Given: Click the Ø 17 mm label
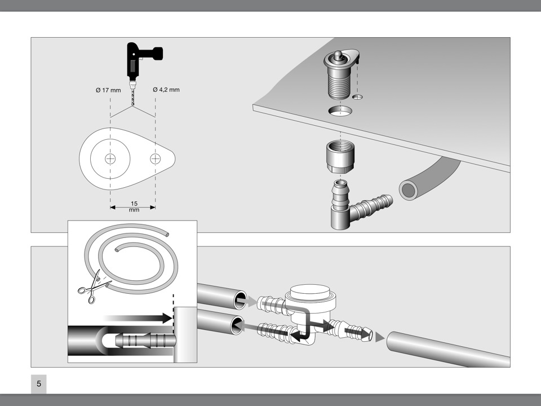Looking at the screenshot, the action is pyautogui.click(x=108, y=90).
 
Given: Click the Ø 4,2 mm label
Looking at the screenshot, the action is pyautogui.click(x=166, y=90).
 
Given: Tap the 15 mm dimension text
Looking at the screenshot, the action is pyautogui.click(x=134, y=206).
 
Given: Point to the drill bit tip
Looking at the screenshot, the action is pyautogui.click(x=132, y=105).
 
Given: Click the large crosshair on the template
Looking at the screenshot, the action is pyautogui.click(x=110, y=159).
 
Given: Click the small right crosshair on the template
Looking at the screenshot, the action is pyautogui.click(x=156, y=159).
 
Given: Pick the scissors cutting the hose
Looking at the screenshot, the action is pyautogui.click(x=91, y=286).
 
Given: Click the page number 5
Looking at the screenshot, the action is pyautogui.click(x=39, y=383).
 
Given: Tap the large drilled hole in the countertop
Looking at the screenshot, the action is pyautogui.click(x=340, y=111).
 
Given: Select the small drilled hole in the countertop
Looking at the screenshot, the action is pyautogui.click(x=357, y=97).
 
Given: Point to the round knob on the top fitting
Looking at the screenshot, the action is pyautogui.click(x=338, y=55).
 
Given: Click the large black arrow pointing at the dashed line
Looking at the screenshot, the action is pyautogui.click(x=138, y=318).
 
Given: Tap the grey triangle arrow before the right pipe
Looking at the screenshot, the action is pyautogui.click(x=380, y=337).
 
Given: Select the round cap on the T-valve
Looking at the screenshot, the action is pyautogui.click(x=311, y=293).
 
